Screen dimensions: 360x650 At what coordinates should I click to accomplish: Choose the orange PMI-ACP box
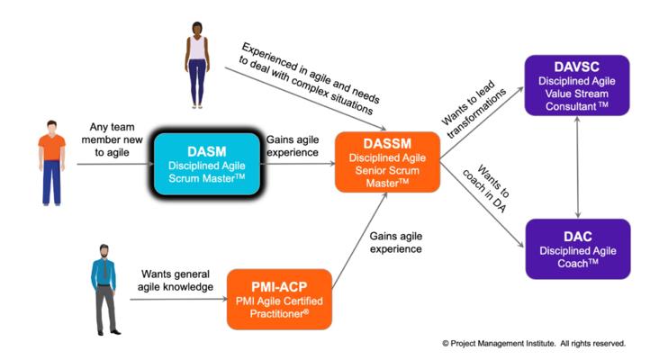(x=282, y=298)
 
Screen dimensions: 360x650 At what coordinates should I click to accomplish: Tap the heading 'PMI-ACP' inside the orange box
(x=282, y=283)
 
